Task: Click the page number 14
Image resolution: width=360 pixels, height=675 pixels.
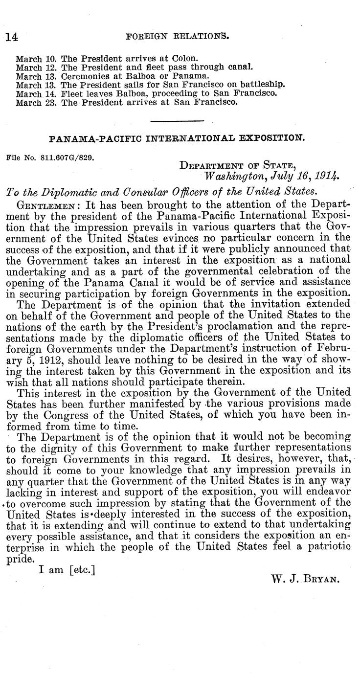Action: (11, 37)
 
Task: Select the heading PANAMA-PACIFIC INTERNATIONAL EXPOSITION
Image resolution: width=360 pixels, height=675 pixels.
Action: (177, 138)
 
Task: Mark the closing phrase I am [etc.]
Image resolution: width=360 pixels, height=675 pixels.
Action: (66, 570)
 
